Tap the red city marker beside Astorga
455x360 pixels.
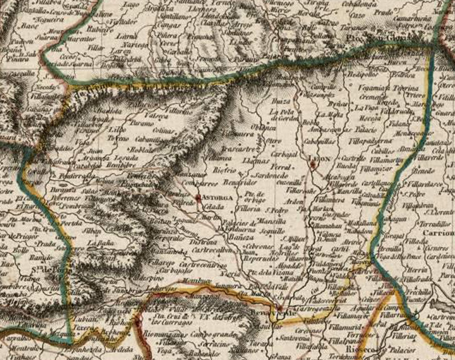coord(198,197)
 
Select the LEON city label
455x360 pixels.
coord(320,159)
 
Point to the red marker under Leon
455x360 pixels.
coord(312,165)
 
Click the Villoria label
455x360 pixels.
coord(249,208)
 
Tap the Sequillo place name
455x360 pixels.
coord(273,230)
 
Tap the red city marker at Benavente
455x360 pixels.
coord(279,308)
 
